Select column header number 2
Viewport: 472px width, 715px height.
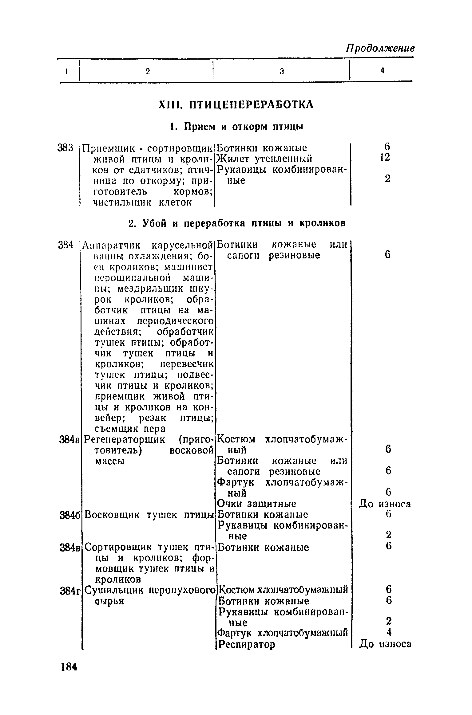click(x=148, y=72)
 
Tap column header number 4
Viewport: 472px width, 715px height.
click(x=382, y=71)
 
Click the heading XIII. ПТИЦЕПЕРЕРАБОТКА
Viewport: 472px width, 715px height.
click(x=236, y=104)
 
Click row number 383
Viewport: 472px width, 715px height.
click(x=66, y=148)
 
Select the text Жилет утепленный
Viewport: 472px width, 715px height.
click(x=264, y=159)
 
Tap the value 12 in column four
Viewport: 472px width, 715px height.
click(x=385, y=158)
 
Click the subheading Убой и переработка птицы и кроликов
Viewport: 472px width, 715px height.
click(x=237, y=223)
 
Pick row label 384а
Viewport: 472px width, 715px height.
click(x=70, y=439)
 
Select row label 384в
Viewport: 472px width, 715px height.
click(x=70, y=547)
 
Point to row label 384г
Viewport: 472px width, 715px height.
click(x=70, y=590)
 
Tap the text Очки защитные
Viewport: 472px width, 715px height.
click(x=256, y=504)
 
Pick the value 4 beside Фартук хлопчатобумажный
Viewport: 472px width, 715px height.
click(x=389, y=632)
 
